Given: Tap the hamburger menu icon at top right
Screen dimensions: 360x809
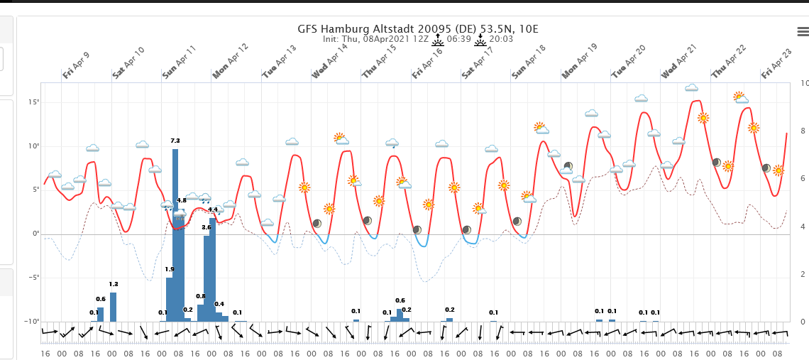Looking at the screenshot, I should click(803, 31).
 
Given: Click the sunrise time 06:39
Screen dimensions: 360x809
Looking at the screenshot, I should click(459, 39).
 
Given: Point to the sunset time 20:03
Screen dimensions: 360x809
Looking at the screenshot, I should click(502, 39).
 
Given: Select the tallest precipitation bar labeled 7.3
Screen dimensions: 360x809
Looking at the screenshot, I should click(175, 234).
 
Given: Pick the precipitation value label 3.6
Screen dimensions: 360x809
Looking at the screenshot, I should click(207, 227).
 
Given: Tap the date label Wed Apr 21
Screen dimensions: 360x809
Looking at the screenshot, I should click(679, 62).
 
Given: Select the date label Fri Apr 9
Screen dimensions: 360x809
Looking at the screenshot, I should click(76, 65).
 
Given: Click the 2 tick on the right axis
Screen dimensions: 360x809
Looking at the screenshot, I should click(803, 274).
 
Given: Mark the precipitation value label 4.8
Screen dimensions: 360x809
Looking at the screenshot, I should click(181, 201).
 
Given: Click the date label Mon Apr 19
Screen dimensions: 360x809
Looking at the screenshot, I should click(580, 62).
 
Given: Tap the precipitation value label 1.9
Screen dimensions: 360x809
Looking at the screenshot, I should click(169, 269).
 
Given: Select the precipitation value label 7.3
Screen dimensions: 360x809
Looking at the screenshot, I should click(175, 141).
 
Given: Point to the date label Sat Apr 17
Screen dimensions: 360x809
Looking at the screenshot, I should click(478, 62).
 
